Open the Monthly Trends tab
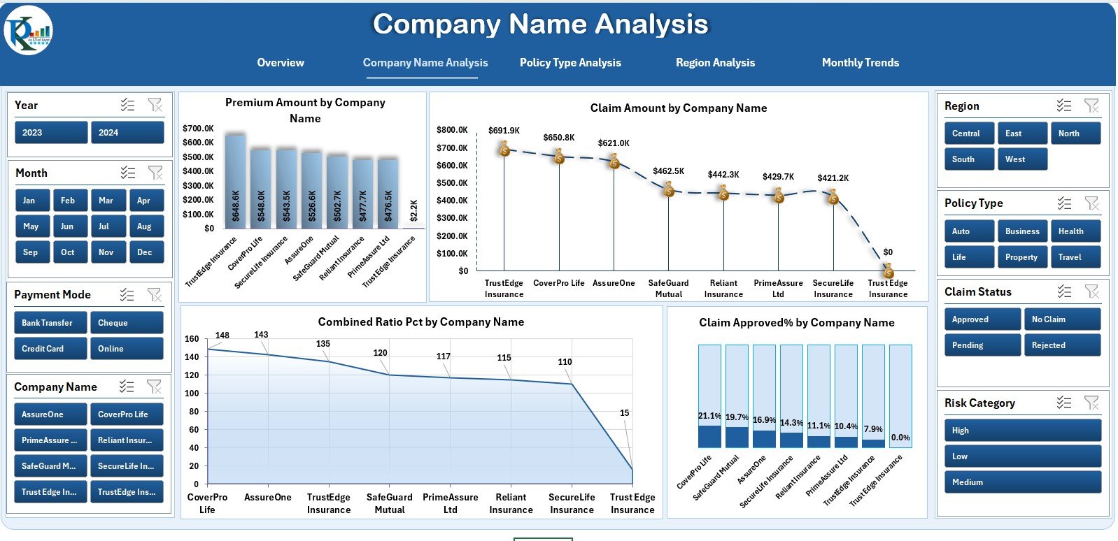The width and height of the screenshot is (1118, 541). (860, 63)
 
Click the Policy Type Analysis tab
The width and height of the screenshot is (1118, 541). (569, 63)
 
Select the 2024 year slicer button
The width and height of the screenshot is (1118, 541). (127, 133)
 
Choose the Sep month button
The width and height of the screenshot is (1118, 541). (31, 252)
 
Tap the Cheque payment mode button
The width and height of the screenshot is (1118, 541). (126, 323)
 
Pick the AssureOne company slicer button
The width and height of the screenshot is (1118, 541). (50, 414)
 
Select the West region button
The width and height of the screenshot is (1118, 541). (1021, 159)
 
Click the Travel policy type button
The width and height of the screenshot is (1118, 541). (1075, 257)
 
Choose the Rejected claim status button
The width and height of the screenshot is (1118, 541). (1061, 345)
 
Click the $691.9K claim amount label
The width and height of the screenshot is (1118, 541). (504, 131)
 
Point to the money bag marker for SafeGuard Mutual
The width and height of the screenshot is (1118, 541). (669, 189)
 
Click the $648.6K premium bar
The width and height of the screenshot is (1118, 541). (235, 182)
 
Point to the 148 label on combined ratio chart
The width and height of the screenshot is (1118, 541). (222, 336)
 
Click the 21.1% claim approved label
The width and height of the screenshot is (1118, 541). (709, 416)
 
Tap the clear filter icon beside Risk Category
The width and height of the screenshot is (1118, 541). (1091, 403)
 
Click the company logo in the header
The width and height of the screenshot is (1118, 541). (29, 31)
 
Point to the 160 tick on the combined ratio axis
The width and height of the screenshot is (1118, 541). (192, 339)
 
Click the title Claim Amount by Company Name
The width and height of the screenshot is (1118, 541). (678, 108)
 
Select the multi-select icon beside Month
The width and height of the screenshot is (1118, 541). (127, 173)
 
